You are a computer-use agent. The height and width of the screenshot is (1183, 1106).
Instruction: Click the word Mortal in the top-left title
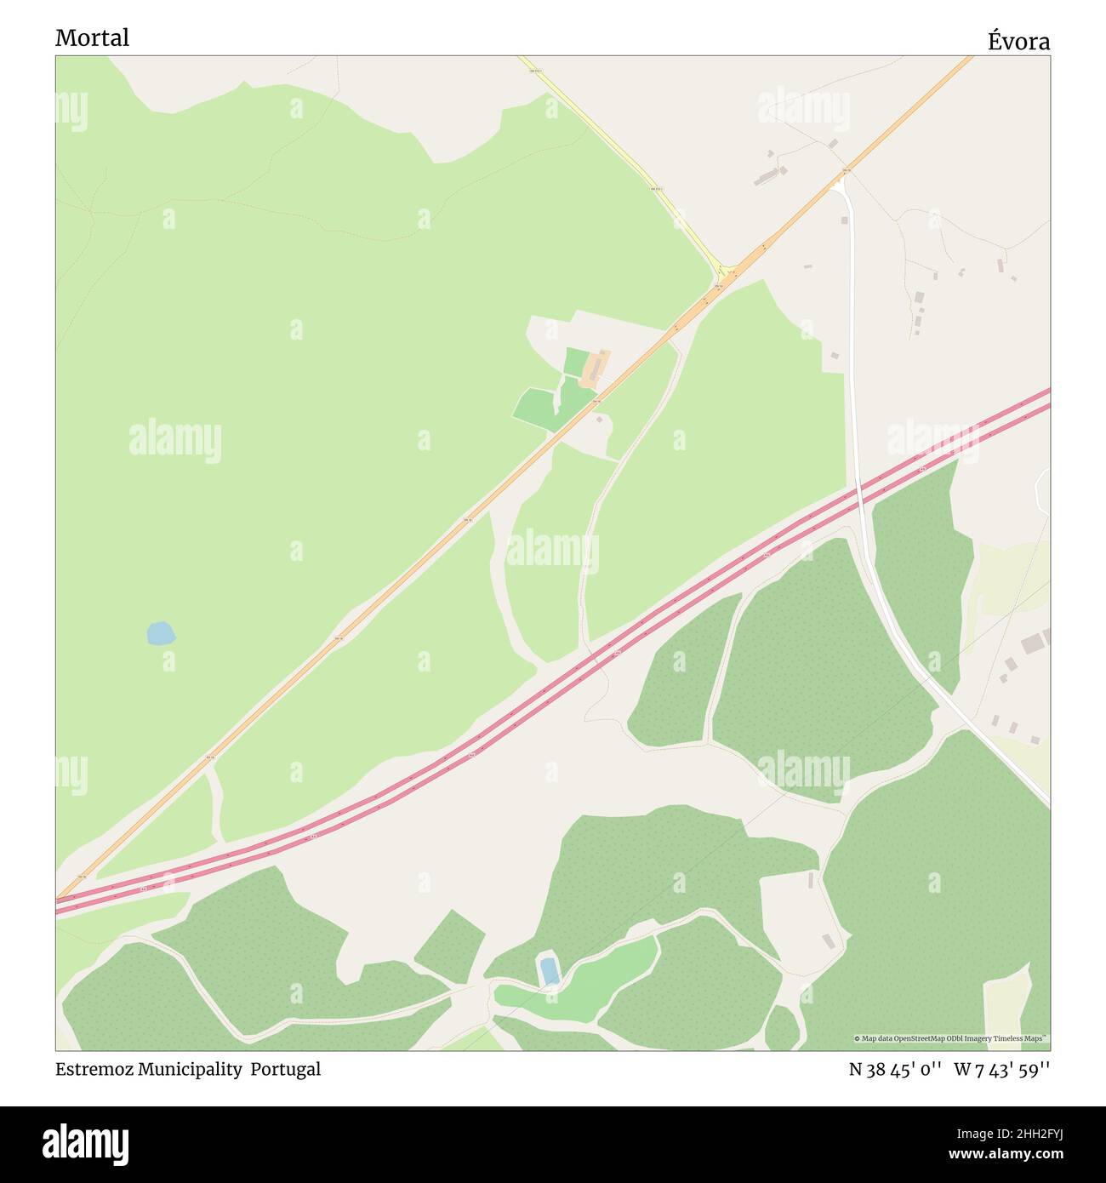(x=92, y=37)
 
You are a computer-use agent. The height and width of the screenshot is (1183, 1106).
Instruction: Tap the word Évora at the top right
(x=1018, y=41)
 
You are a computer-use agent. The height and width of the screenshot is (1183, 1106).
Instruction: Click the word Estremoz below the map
(x=89, y=1069)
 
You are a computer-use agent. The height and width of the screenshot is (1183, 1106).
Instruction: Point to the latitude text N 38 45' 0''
(x=894, y=1069)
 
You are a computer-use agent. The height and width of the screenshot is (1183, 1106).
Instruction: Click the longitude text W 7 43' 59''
(x=1001, y=1069)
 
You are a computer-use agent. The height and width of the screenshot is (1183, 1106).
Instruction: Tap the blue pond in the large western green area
(x=160, y=634)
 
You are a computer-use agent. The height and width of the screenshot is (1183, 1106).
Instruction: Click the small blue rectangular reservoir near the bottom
(x=549, y=969)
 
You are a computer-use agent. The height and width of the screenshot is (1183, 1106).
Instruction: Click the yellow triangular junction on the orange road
(x=726, y=274)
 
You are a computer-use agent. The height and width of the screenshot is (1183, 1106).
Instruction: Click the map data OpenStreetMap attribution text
(x=951, y=1038)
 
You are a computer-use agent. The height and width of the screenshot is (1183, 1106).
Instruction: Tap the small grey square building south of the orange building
(x=600, y=419)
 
